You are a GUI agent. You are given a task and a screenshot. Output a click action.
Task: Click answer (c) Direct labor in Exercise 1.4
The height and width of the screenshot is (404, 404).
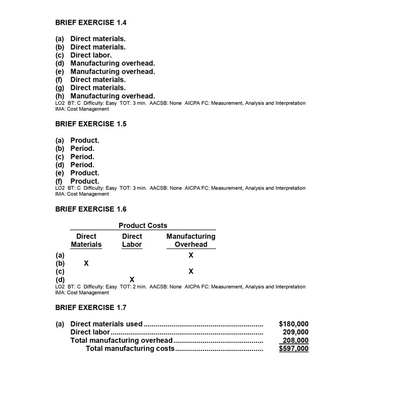point(91,55)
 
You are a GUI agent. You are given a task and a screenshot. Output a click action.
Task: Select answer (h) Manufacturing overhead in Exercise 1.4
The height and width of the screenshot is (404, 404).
point(112,96)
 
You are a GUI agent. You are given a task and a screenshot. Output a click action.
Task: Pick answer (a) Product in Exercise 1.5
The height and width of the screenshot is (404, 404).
point(84,140)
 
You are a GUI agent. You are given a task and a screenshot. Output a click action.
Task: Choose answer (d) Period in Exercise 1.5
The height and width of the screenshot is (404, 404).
point(82,165)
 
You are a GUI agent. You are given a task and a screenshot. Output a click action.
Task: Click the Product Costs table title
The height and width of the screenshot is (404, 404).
point(143,226)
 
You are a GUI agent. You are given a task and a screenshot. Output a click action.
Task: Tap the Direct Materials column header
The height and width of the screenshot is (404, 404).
point(86,240)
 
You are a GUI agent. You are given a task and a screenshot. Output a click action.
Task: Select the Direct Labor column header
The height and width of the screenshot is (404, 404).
point(132,240)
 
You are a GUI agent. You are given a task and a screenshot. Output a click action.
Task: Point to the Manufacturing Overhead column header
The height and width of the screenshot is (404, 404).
point(191,240)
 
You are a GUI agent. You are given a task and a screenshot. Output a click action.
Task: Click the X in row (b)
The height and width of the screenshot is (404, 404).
point(86,264)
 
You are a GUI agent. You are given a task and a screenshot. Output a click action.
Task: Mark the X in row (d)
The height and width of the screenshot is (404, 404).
point(132,280)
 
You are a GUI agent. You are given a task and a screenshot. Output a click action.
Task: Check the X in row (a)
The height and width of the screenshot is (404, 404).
point(191,256)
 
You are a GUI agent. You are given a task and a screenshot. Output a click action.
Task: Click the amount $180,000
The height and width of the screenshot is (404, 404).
point(293,324)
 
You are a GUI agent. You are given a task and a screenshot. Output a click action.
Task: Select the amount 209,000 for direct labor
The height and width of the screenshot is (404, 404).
point(295,332)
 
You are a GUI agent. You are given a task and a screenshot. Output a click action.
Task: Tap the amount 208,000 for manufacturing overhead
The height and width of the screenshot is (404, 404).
point(295,340)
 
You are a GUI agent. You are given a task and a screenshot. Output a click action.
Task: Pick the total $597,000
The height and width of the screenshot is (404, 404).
point(293,348)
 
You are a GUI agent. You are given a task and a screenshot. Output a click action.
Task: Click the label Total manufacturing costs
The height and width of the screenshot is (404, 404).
point(130,348)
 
